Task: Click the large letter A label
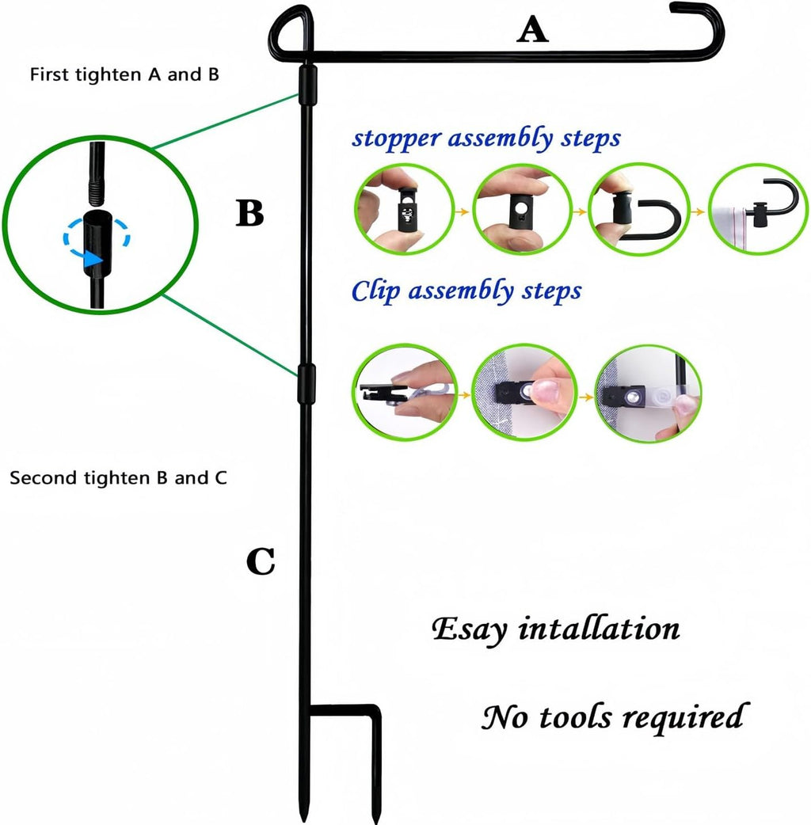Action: [532, 29]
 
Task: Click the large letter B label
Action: [249, 213]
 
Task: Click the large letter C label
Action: [261, 561]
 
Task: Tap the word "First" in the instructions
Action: [49, 74]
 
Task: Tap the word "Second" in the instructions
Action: [44, 477]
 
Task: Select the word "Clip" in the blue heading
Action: [375, 291]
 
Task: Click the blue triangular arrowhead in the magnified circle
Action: [93, 259]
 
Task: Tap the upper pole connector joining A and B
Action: [308, 85]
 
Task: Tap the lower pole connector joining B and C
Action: [307, 383]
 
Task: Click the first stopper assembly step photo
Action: [404, 209]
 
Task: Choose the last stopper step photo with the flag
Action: [758, 209]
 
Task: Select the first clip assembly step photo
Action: [404, 392]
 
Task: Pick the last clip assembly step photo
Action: [649, 393]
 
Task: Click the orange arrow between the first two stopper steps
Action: [462, 211]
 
